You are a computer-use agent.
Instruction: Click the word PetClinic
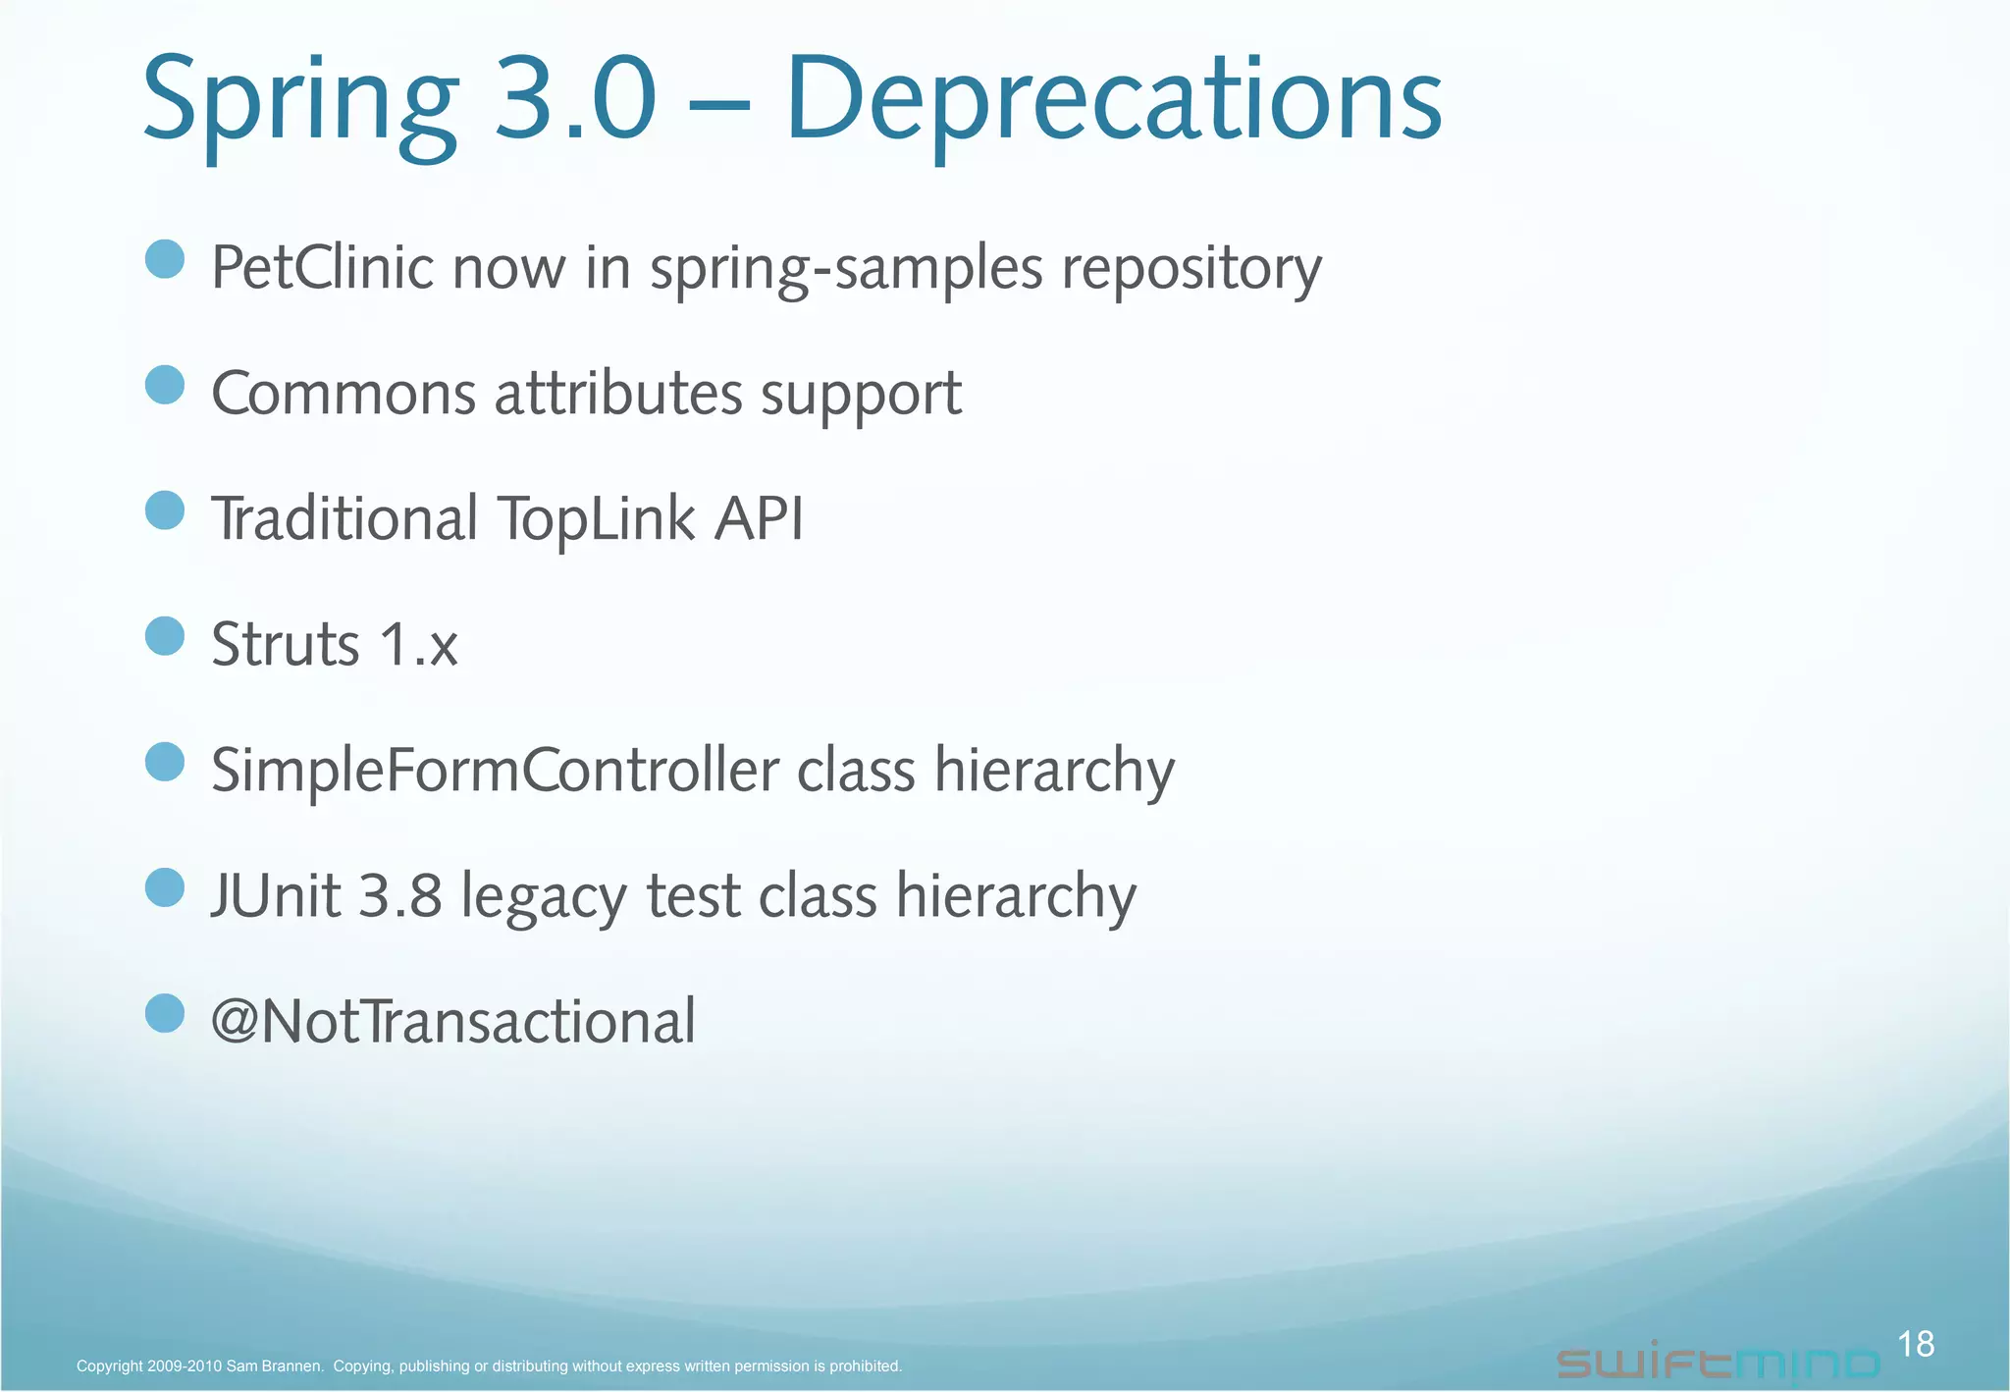[322, 267]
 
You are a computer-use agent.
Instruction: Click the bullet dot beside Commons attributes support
[165, 385]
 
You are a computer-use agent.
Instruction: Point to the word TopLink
[596, 519]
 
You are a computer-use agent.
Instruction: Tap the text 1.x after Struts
[418, 645]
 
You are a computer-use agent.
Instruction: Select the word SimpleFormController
[495, 770]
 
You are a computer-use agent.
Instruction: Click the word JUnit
[276, 896]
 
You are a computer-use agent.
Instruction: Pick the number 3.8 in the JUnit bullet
[399, 896]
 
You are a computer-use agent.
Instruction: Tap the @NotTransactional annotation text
[453, 1022]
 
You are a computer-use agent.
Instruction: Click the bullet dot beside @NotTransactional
[165, 1013]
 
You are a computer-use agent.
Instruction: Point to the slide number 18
[1915, 1344]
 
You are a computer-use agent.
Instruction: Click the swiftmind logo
[1718, 1363]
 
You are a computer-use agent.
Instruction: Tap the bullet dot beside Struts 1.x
[165, 636]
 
